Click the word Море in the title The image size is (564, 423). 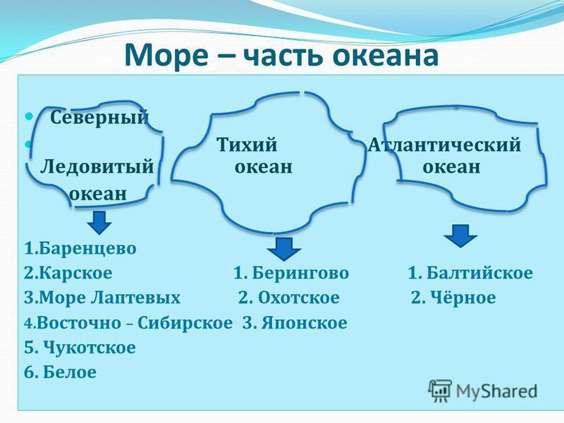(x=166, y=55)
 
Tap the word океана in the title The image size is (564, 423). (x=385, y=56)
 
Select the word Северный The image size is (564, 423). (x=99, y=117)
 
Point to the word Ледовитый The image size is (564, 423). (x=97, y=167)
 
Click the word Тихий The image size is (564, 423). (x=247, y=145)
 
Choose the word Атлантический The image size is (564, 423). (x=444, y=145)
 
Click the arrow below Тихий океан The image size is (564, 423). (x=284, y=249)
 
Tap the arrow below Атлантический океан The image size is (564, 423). (x=460, y=236)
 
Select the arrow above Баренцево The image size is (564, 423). (x=99, y=223)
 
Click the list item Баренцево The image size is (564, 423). (x=80, y=248)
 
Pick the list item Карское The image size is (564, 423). (x=68, y=273)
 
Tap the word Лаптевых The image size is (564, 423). (x=135, y=298)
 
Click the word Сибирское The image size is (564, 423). (x=185, y=323)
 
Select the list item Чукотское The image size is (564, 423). (x=80, y=348)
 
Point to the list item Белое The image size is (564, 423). (x=60, y=372)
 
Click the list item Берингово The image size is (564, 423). (x=291, y=273)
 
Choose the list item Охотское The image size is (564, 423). (x=289, y=298)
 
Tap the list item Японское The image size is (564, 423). (x=295, y=323)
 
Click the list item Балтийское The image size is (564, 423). (x=470, y=273)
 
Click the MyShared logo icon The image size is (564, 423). (x=440, y=391)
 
